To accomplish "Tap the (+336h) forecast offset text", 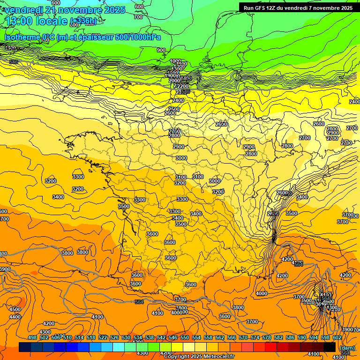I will click(83, 21).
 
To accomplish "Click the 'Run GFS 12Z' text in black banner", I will click(260, 8).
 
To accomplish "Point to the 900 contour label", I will click(161, 50).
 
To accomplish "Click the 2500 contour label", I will click(173, 109).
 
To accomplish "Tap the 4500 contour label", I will click(15, 309).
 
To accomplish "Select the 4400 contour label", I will click(15, 317).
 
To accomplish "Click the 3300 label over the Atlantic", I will click(78, 177).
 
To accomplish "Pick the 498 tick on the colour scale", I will click(32, 337).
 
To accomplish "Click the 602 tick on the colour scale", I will click(337, 337).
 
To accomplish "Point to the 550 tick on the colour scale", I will click(185, 337).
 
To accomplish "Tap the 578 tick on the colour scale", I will click(267, 337).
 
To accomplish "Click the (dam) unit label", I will click(347, 348).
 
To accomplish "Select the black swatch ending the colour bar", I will click(330, 347).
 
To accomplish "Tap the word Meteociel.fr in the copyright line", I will click(217, 357).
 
